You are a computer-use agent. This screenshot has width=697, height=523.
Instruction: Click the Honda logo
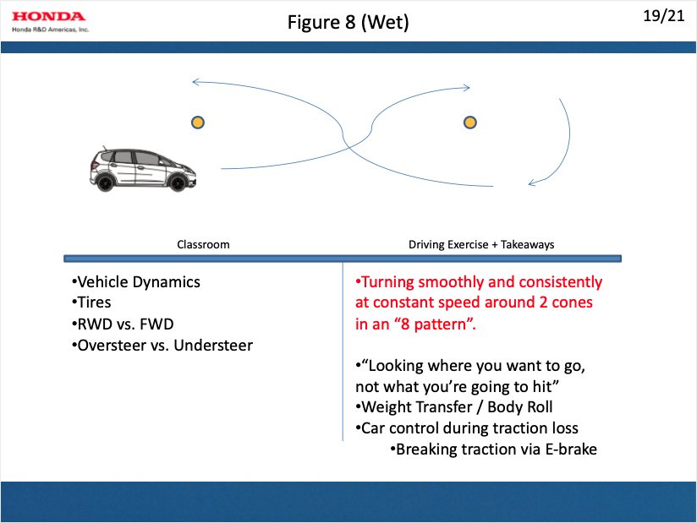click(48, 16)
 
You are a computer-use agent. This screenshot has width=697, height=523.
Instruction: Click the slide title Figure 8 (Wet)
click(348, 23)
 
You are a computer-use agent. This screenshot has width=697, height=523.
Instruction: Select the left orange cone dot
click(197, 123)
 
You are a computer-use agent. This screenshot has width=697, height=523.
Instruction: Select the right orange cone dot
click(470, 123)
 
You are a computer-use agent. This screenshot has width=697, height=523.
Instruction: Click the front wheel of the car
click(178, 181)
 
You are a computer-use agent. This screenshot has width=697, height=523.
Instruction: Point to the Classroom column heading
click(203, 245)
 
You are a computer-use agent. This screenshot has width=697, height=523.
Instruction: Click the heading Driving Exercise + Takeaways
click(481, 245)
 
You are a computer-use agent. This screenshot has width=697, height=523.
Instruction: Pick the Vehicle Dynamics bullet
click(136, 282)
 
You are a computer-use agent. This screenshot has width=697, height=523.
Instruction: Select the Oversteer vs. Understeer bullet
click(162, 345)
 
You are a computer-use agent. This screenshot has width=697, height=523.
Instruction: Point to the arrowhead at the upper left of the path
click(196, 82)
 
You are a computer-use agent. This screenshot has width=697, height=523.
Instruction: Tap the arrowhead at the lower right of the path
click(532, 182)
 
